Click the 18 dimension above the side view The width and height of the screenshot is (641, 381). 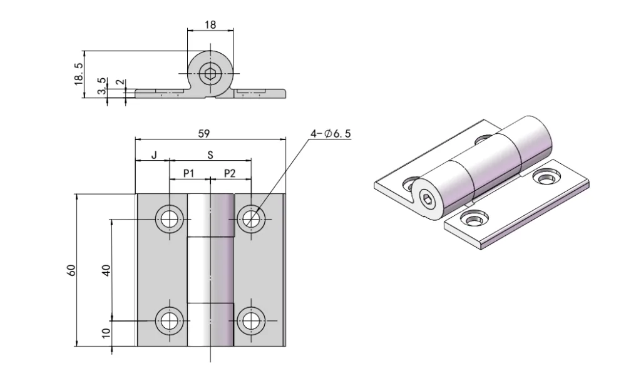tap(210, 25)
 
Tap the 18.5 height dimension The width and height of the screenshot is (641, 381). tap(79, 74)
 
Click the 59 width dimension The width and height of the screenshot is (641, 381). tap(203, 133)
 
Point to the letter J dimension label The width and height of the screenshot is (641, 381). tap(153, 155)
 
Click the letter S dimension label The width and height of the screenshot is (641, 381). tap(210, 155)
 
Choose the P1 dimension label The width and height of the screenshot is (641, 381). tap(189, 173)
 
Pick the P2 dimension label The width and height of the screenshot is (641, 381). tap(230, 173)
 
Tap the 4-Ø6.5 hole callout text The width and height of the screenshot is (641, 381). tap(331, 133)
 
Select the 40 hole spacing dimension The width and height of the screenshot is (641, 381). tap(106, 270)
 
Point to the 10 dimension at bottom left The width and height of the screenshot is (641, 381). tap(106, 333)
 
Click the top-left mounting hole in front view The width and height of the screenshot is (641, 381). tap(169, 219)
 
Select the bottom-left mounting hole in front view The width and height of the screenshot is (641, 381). tap(169, 321)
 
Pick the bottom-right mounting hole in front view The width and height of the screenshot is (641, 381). tap(251, 321)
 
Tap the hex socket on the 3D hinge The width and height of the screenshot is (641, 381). tap(426, 201)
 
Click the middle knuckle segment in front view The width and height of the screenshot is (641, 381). tap(210, 270)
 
